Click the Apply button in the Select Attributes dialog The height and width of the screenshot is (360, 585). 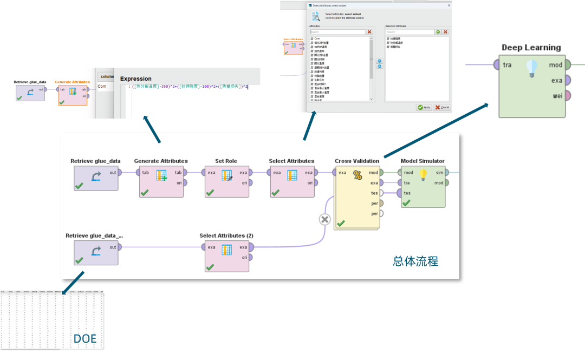click(x=424, y=107)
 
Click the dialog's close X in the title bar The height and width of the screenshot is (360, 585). click(x=449, y=5)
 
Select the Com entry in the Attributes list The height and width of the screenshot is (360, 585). click(x=317, y=39)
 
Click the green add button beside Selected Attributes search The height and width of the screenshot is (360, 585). click(x=438, y=32)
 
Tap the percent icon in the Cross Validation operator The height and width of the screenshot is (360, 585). click(x=357, y=175)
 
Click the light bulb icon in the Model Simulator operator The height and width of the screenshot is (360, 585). click(x=423, y=174)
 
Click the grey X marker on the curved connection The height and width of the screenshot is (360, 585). click(x=324, y=219)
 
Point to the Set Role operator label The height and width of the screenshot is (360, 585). click(x=226, y=161)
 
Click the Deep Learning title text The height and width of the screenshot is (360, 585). click(x=531, y=48)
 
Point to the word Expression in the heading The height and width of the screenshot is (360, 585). click(x=135, y=78)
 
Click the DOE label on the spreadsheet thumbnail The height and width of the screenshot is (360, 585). click(x=85, y=339)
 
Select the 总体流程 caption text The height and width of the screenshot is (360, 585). click(x=415, y=261)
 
